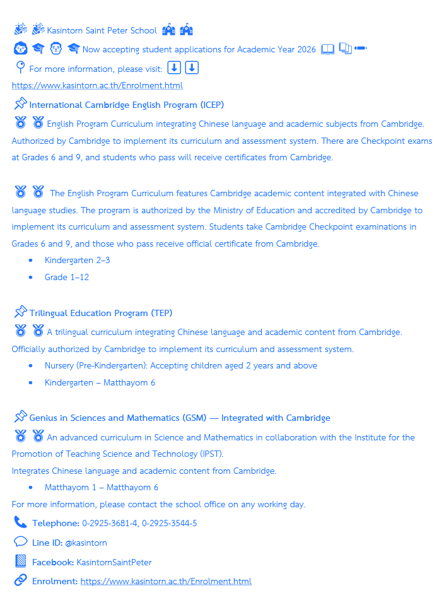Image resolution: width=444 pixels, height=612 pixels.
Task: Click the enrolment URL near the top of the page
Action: point(97,85)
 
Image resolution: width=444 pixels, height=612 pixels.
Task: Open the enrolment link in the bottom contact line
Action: point(166,581)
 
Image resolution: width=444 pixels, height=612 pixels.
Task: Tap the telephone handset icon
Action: point(20,522)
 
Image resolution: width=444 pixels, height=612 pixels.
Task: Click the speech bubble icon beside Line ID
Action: point(20,542)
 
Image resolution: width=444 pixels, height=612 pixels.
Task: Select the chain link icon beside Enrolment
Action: point(20,580)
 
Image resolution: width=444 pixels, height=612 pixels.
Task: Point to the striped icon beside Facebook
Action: point(20,562)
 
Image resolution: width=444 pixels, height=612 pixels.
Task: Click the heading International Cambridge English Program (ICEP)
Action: point(126,105)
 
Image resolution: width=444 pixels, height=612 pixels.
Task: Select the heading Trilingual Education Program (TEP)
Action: point(101,313)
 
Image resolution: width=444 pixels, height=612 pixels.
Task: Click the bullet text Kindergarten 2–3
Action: point(77,260)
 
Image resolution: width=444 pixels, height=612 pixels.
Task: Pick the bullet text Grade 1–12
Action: point(66,277)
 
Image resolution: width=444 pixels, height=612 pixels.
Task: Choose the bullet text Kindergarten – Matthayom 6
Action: point(100,382)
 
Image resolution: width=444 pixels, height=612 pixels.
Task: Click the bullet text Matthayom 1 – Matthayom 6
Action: point(101,487)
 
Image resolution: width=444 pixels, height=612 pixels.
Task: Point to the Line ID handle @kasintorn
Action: point(86,543)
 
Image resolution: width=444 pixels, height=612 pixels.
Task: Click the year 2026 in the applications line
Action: point(305,49)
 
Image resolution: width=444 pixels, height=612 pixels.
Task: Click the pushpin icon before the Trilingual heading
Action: point(20,312)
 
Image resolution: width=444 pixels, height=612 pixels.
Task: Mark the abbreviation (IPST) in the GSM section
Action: point(211,454)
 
